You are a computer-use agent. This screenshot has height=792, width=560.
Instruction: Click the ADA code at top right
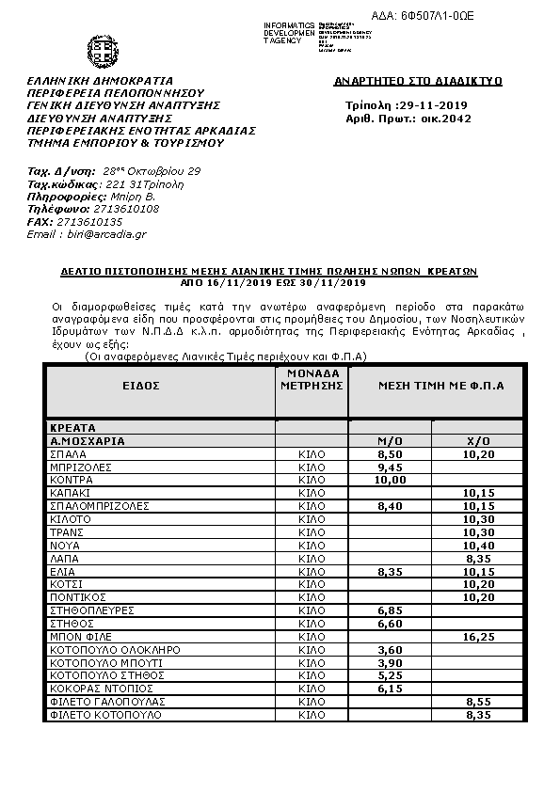[x=464, y=16]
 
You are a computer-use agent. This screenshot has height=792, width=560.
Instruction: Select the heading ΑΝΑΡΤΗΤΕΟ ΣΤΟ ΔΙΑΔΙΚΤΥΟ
[x=418, y=82]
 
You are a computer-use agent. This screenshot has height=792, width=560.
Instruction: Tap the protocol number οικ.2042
[x=447, y=119]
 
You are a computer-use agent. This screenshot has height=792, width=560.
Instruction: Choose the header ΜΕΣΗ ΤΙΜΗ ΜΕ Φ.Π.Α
[x=441, y=386]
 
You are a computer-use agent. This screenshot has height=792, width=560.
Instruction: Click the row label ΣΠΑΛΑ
[x=69, y=453]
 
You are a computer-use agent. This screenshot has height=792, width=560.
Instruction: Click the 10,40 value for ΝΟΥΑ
[x=479, y=546]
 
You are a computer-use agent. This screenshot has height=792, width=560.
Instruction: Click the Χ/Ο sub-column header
[x=479, y=440]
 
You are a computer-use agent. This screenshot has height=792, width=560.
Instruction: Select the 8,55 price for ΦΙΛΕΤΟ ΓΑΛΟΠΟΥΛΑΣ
[x=479, y=702]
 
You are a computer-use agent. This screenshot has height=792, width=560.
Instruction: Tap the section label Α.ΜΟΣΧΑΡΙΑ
[x=88, y=440]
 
